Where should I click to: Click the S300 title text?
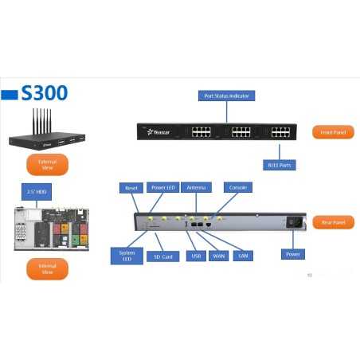pos(45,93)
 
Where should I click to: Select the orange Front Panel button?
pos(332,132)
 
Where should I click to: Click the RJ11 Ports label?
pos(280,166)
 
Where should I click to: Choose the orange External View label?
pos(47,165)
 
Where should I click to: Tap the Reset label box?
pos(131,188)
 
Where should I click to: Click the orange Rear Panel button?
pos(332,222)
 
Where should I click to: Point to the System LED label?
pos(127,256)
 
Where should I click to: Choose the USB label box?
pos(196,256)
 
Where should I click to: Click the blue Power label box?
pos(293,254)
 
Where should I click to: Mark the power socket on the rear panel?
pos(294,223)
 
